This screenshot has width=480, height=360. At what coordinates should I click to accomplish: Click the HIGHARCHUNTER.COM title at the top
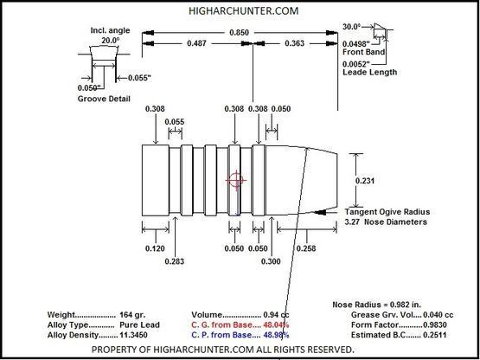tap(243, 11)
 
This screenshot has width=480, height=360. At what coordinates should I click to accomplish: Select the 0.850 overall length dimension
tap(239, 33)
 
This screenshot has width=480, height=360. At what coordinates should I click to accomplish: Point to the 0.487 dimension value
tap(196, 43)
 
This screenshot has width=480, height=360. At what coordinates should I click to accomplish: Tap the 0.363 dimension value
tap(295, 43)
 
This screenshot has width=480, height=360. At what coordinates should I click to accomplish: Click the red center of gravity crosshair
tap(236, 180)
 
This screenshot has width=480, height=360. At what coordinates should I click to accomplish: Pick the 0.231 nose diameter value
tap(365, 181)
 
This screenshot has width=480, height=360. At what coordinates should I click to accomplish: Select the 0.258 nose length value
tap(306, 248)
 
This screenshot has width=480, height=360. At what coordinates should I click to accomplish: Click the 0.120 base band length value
tap(155, 248)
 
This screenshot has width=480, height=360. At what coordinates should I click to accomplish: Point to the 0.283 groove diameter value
tap(175, 261)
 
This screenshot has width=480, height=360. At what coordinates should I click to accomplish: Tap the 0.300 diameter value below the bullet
tap(271, 261)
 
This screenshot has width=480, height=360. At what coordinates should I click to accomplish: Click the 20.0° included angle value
tap(111, 40)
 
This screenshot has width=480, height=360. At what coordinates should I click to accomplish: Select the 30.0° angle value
tap(351, 27)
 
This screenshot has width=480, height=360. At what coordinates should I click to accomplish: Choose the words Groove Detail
tap(104, 99)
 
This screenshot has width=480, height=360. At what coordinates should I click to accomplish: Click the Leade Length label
tap(370, 73)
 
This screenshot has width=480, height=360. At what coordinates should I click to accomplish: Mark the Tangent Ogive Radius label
tap(387, 212)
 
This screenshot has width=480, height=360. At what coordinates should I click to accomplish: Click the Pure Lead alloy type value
tap(139, 325)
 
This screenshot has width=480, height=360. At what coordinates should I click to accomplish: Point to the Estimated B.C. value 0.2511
tap(434, 335)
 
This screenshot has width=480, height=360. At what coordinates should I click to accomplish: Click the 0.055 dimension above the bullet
tap(175, 122)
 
